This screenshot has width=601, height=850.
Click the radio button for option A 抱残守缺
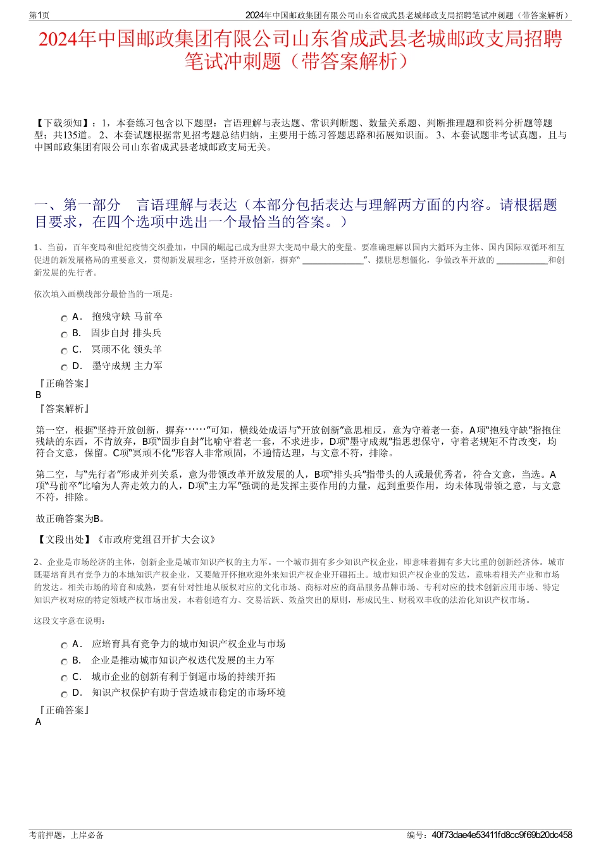pyautogui.click(x=64, y=319)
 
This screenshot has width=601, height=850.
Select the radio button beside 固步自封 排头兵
pyautogui.click(x=64, y=335)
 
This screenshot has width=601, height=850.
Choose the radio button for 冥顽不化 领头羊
pyautogui.click(x=64, y=351)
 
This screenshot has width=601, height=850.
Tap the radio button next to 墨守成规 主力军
pyautogui.click(x=64, y=368)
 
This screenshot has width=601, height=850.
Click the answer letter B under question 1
pyautogui.click(x=39, y=395)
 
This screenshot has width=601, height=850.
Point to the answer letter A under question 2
pyautogui.click(x=39, y=722)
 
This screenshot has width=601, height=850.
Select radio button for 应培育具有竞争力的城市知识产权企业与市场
pyautogui.click(x=64, y=646)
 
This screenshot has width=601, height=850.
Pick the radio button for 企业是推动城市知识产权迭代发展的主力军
pyautogui.click(x=64, y=662)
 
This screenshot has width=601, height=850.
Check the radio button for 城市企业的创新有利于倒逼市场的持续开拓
pyautogui.click(x=64, y=679)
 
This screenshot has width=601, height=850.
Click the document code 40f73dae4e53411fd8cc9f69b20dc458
pyautogui.click(x=502, y=835)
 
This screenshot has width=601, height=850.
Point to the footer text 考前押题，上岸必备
pyautogui.click(x=66, y=835)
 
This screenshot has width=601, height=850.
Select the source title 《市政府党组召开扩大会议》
pyautogui.click(x=156, y=539)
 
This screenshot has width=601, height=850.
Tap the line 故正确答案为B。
pyautogui.click(x=70, y=519)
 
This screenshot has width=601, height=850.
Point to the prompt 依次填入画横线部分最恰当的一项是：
pyautogui.click(x=103, y=294)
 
